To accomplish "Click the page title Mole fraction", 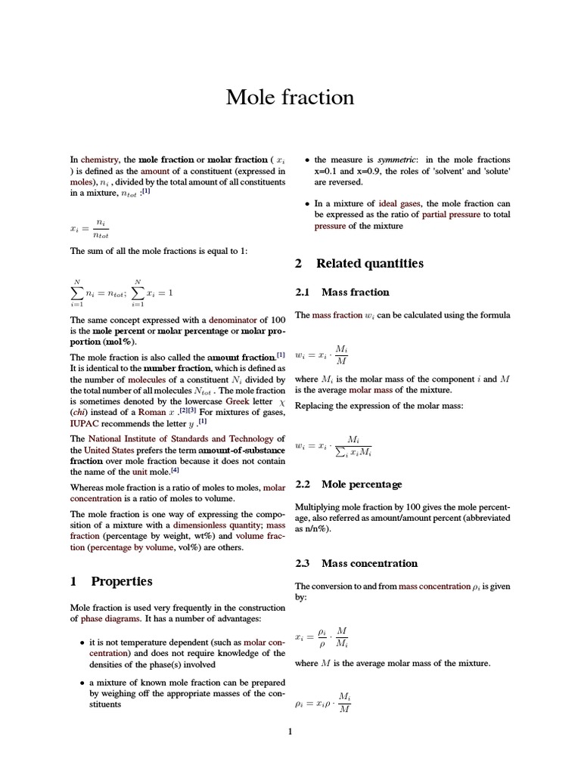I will tap(290, 98).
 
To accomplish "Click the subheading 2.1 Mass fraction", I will tap(341, 292).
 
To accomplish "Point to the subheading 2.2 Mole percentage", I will tap(347, 484).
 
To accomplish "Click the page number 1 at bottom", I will tap(290, 731).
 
